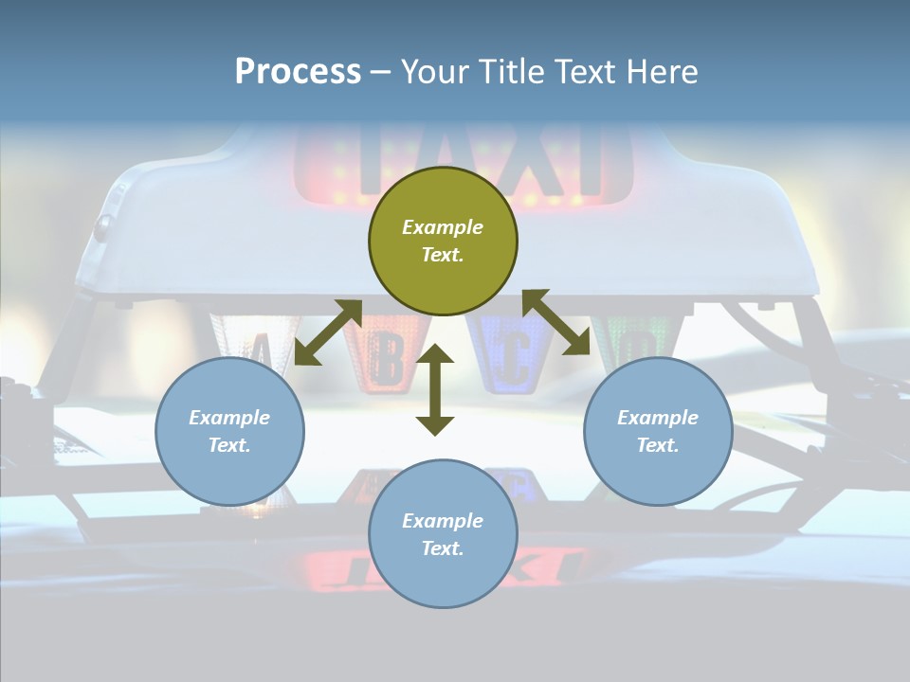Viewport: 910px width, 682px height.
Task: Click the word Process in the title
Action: (298, 72)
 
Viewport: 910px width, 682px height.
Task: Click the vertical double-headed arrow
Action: (435, 390)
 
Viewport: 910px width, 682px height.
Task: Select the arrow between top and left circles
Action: (328, 332)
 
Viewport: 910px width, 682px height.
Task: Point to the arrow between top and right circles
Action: (556, 322)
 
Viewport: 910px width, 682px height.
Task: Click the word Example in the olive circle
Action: (443, 227)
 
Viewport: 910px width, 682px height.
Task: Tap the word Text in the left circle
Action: (229, 445)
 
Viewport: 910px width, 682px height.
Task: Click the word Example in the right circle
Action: (658, 418)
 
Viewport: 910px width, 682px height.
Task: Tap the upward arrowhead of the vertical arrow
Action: (435, 354)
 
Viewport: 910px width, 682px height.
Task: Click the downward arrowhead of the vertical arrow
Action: (435, 425)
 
